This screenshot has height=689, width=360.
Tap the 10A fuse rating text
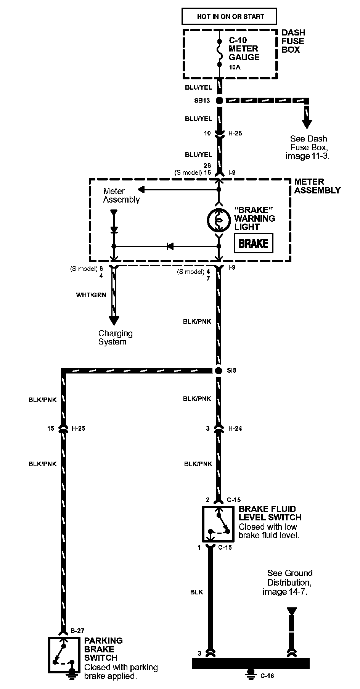tap(235, 67)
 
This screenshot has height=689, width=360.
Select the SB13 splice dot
tap(219, 100)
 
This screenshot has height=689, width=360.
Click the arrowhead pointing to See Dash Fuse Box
tap(307, 124)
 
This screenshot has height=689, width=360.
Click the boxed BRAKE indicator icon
tap(253, 243)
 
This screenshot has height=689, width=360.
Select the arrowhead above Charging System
tap(114, 320)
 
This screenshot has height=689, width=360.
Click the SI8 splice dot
tap(219, 370)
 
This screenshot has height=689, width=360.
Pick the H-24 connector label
tap(235, 428)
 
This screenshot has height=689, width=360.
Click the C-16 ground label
tap(267, 676)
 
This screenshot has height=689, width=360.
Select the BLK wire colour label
tap(196, 592)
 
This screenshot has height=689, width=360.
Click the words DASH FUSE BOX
tap(293, 41)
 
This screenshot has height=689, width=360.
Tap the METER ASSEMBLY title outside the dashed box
tap(317, 186)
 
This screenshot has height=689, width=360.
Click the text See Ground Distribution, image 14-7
tap(288, 583)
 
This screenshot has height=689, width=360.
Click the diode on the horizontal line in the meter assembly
tap(170, 246)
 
